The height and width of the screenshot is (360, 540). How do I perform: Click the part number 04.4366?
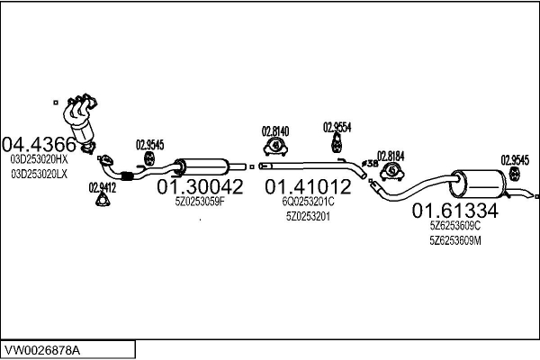tap(39, 144)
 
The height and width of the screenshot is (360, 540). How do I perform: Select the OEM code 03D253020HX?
tap(40, 159)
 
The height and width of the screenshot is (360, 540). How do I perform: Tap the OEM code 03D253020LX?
tap(40, 175)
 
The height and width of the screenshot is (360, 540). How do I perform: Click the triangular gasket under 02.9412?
tap(103, 200)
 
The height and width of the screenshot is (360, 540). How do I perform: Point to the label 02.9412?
tap(103, 188)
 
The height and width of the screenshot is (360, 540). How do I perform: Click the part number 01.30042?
tap(200, 186)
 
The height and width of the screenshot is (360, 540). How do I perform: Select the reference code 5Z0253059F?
tap(200, 202)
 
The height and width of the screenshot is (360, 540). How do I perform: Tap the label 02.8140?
tap(275, 131)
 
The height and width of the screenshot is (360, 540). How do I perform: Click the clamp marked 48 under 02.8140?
tap(275, 146)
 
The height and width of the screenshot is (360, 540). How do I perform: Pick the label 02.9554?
tap(337, 128)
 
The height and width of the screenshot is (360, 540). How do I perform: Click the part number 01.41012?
tap(308, 186)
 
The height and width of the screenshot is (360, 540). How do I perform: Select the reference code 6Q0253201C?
tap(308, 202)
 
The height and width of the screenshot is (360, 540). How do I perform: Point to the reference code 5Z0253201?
tap(308, 216)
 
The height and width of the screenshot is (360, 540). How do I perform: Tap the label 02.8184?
tap(391, 157)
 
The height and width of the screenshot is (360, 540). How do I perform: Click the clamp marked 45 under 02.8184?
tap(391, 171)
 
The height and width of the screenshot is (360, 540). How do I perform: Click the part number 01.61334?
tap(454, 211)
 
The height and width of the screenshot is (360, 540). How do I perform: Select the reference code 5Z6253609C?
tap(454, 226)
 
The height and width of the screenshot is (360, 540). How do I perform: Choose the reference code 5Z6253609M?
tap(454, 240)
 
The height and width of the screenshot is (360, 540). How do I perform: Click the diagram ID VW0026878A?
tap(42, 350)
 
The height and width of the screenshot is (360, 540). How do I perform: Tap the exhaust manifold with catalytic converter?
tap(81, 121)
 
